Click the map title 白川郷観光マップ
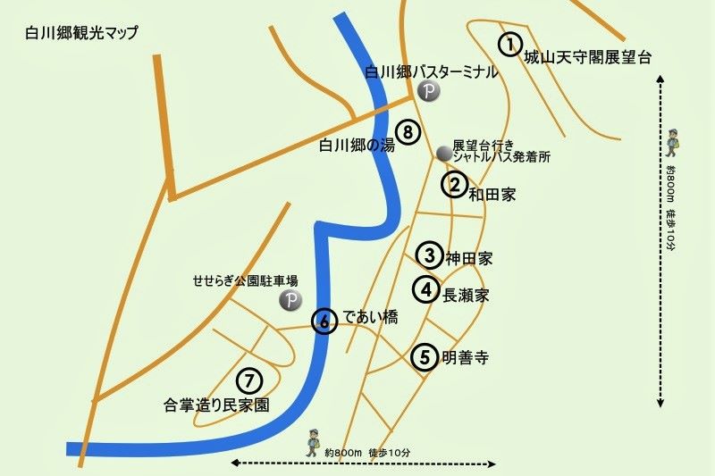[82, 33]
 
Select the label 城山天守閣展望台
[587, 57]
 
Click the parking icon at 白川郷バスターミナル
[428, 90]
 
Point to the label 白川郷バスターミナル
[429, 71]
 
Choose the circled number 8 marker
[408, 133]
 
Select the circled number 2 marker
[455, 185]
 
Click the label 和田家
[494, 193]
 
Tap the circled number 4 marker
[426, 289]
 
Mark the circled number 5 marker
[425, 356]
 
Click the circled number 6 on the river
[324, 322]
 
